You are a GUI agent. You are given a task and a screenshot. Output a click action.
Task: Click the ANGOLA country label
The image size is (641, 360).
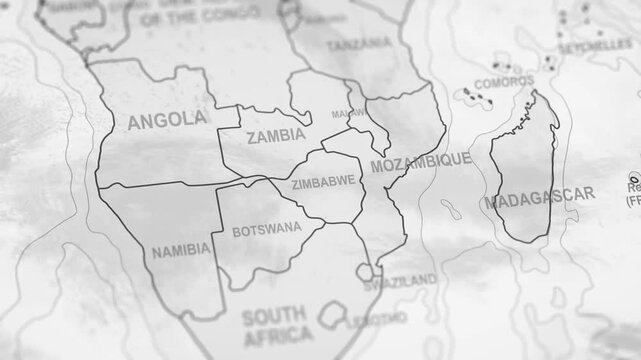click(x=167, y=120)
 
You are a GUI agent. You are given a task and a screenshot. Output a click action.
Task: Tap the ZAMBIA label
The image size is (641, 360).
click(x=275, y=137)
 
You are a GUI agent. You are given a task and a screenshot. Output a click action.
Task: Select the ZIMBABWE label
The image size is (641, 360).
click(x=323, y=183)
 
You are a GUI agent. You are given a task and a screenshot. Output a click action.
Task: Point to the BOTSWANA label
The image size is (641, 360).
click(x=266, y=229)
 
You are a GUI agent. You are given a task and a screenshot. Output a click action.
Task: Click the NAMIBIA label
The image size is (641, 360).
click(x=180, y=249)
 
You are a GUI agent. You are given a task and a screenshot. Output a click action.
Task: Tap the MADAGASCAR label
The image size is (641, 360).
click(x=539, y=200)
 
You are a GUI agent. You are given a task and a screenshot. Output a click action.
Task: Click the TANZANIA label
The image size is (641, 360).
click(x=359, y=43)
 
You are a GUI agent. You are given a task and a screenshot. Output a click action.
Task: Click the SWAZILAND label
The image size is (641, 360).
click(x=400, y=279)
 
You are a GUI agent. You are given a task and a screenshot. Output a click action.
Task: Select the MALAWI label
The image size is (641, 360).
click(x=347, y=114)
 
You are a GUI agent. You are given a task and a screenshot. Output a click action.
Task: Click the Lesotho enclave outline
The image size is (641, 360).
click(x=331, y=317)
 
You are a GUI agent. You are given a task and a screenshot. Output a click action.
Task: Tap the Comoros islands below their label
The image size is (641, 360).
click(x=472, y=98)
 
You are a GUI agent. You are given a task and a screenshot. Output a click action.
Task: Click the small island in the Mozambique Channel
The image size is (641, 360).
click(x=452, y=211)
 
